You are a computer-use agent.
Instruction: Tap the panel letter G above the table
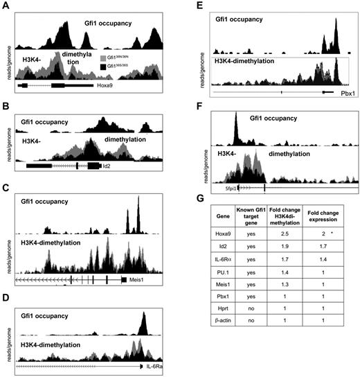[x=211, y=203]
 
